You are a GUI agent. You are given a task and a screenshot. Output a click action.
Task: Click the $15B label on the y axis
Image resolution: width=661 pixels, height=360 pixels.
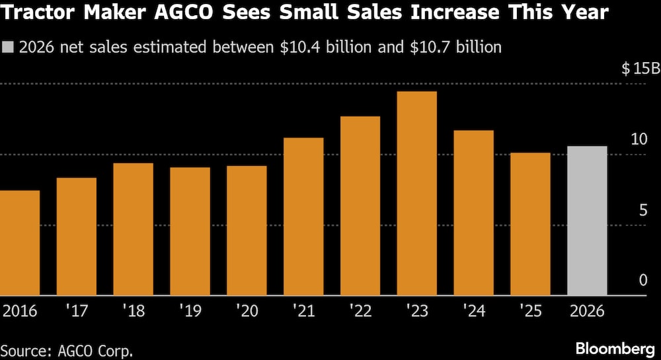pos(640,69)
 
